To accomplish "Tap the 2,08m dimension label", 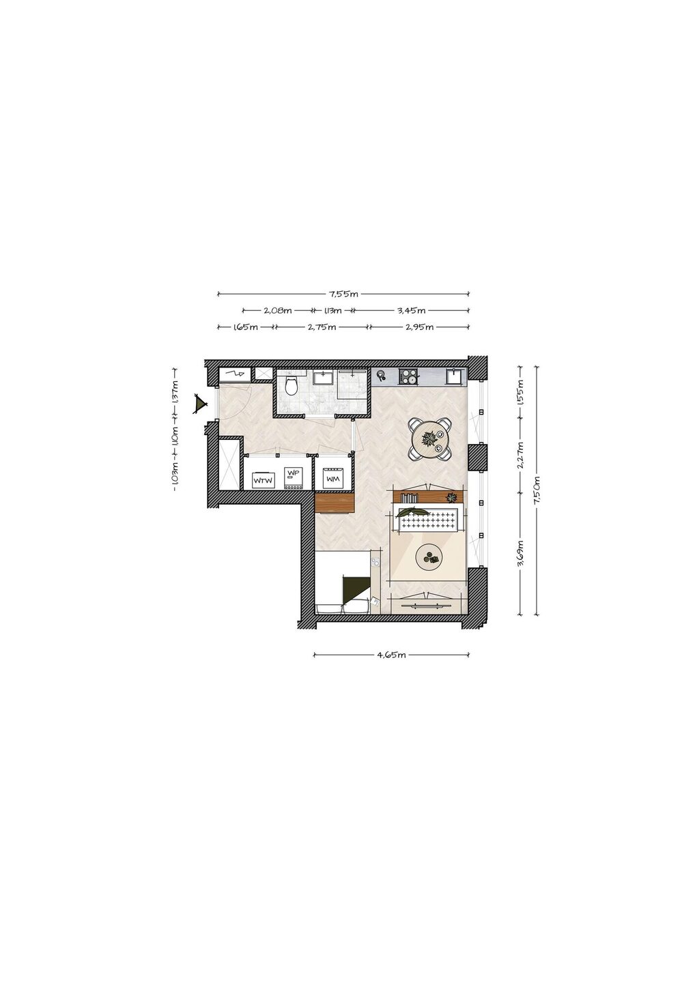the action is point(277,310).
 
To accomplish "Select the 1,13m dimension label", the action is point(332,310).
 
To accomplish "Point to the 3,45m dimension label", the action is point(411,310).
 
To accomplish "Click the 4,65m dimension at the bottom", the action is point(391,655).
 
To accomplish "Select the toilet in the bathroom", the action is point(291,386).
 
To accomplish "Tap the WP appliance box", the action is point(292,477).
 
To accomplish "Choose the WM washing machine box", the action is point(333,478).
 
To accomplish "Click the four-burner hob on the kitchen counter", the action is point(408,377).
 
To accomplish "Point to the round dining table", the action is point(430,439).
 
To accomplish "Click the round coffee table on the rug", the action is point(429,557).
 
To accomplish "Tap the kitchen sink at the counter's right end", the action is point(454,376).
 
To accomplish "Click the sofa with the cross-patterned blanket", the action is point(429,518).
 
